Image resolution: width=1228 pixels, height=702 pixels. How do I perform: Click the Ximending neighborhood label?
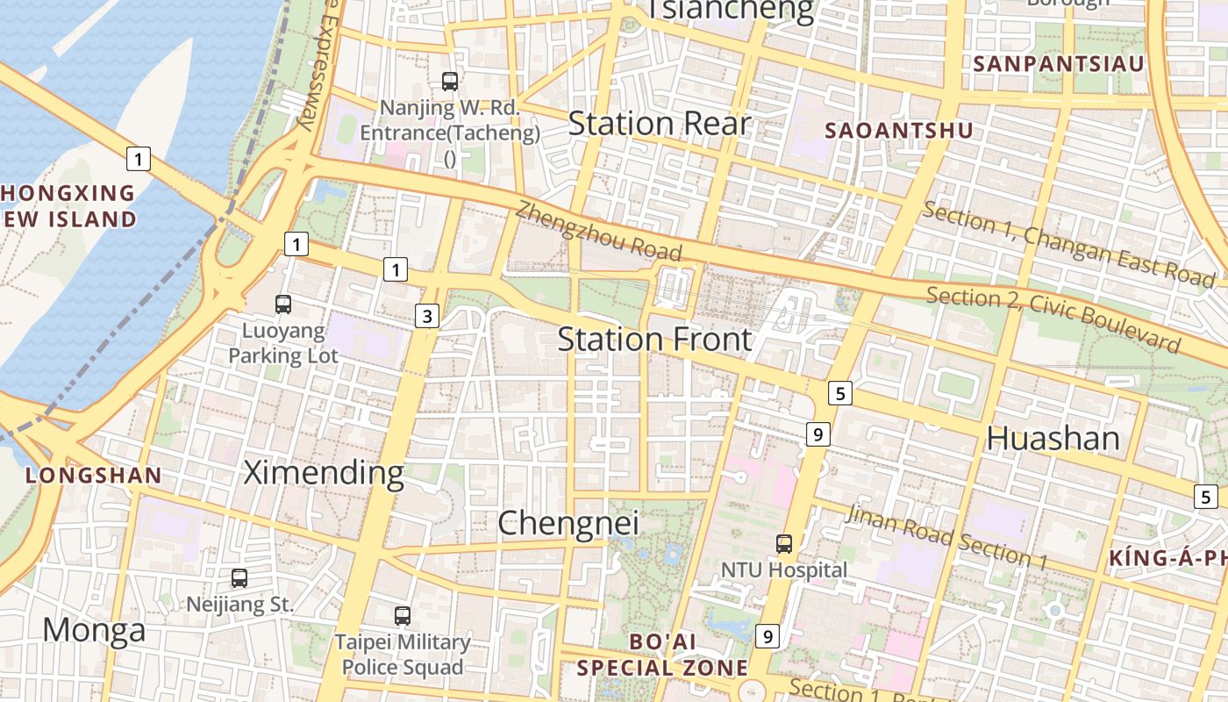pyautogui.click(x=323, y=473)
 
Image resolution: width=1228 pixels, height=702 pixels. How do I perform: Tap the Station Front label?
pyautogui.click(x=654, y=340)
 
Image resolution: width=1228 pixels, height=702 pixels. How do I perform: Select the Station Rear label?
pyautogui.click(x=660, y=124)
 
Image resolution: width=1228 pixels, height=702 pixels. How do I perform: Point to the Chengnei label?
pyautogui.click(x=568, y=524)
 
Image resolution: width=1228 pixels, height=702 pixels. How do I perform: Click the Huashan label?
pyautogui.click(x=1053, y=439)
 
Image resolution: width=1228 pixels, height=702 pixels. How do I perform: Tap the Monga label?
pyautogui.click(x=94, y=630)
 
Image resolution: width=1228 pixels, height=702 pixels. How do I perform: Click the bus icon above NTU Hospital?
pyautogui.click(x=784, y=544)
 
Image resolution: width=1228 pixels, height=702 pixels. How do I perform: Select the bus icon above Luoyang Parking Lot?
pyautogui.click(x=282, y=304)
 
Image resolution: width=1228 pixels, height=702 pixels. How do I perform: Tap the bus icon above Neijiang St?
pyautogui.click(x=239, y=578)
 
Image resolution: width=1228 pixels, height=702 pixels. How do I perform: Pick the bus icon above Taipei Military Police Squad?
pyautogui.click(x=402, y=616)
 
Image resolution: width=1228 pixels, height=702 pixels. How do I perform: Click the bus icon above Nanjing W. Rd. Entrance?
pyautogui.click(x=449, y=82)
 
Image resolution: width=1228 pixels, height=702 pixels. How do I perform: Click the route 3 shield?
pyautogui.click(x=426, y=316)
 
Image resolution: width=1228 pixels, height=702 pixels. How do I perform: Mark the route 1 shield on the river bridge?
pyautogui.click(x=138, y=159)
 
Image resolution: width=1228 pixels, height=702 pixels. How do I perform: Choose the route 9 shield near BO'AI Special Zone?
pyautogui.click(x=767, y=636)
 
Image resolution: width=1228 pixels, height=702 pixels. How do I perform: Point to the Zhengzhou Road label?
pyautogui.click(x=598, y=231)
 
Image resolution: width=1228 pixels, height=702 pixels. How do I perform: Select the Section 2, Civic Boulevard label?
pyautogui.click(x=1053, y=318)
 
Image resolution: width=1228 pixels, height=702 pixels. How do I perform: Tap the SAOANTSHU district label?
pyautogui.click(x=899, y=131)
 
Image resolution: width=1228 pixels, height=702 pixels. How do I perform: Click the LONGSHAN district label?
pyautogui.click(x=93, y=476)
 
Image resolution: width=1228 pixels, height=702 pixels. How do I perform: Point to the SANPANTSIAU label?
pyautogui.click(x=1059, y=64)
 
